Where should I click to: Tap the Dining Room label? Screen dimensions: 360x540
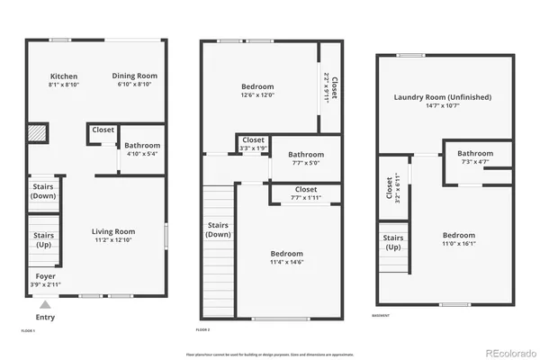click(137, 76)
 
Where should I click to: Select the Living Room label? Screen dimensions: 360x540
click(113, 231)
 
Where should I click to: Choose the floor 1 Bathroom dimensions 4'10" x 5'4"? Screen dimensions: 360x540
click(142, 155)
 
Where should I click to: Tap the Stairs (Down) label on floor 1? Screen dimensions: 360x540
click(44, 191)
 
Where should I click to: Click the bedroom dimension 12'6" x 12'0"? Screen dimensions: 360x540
click(256, 96)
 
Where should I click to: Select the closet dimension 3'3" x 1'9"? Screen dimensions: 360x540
click(254, 148)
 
